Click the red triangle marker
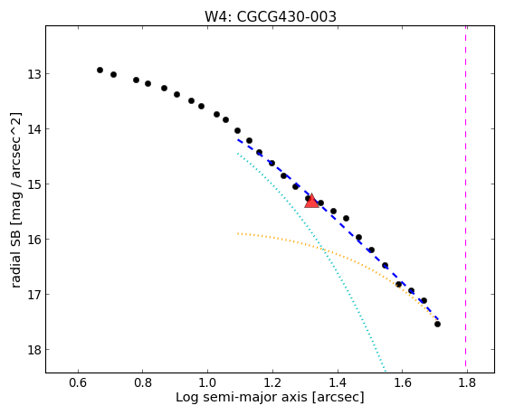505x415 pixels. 311,202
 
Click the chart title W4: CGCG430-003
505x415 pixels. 271,17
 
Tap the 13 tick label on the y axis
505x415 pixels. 33,74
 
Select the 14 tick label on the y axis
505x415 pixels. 33,129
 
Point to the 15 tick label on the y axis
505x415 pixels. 33,184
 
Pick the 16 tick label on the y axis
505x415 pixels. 33,240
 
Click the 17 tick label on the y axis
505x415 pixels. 33,295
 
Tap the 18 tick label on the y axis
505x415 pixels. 33,350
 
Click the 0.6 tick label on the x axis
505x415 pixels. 78,382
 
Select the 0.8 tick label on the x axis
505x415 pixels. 143,382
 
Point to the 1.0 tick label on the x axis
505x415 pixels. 208,382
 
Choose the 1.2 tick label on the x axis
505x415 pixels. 272,382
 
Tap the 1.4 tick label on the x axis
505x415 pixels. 338,382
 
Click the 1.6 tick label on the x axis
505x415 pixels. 402,382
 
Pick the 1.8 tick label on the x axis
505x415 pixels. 467,382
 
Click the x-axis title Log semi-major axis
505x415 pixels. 242,398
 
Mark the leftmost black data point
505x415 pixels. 100,70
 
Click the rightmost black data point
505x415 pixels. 437,324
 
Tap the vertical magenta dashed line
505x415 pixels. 466,199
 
